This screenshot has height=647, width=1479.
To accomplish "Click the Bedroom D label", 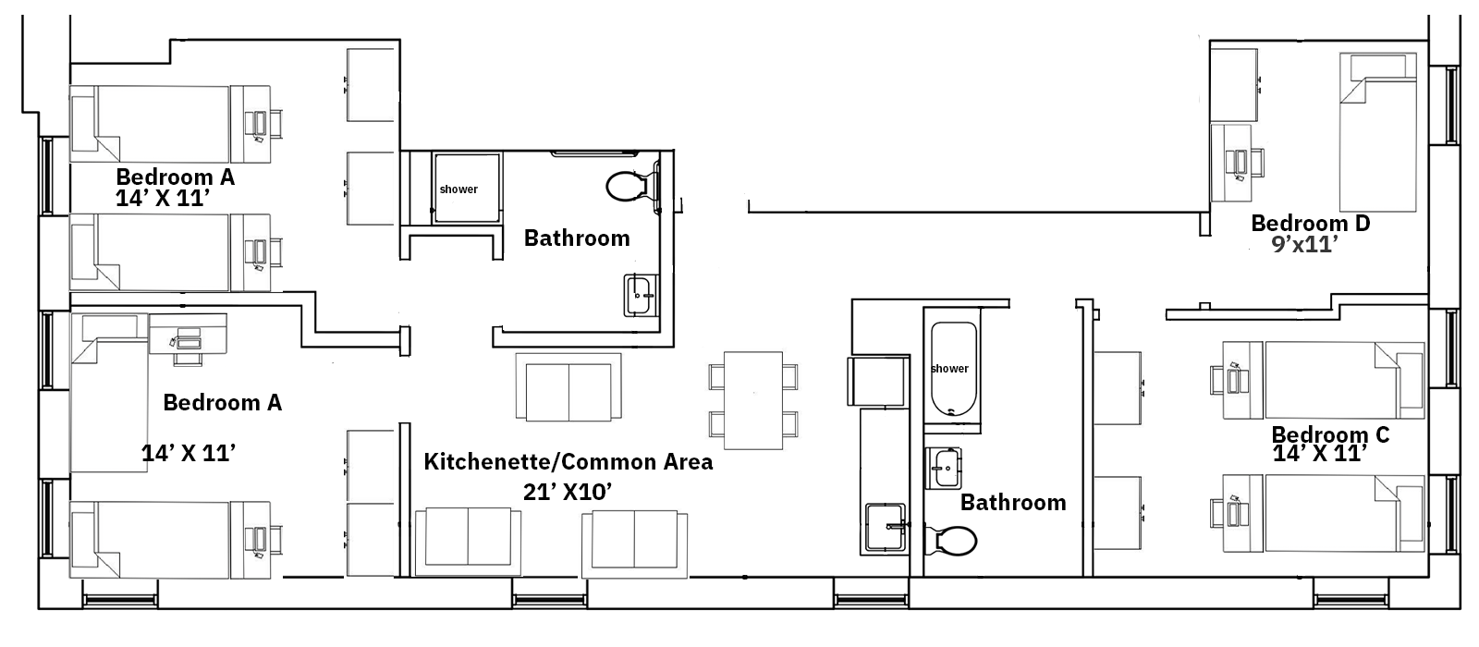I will point(1310,223).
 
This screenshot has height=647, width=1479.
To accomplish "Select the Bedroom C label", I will point(1330,434).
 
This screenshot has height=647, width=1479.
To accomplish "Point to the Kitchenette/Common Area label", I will point(568,462).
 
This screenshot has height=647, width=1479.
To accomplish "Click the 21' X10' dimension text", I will point(567,492).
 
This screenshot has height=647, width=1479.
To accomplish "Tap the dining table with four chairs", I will point(753,400).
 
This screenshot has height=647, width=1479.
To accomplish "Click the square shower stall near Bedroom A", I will point(466,189).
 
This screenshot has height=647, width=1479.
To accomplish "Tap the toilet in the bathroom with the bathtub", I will point(952,540).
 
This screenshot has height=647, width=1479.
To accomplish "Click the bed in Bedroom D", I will point(1377,131).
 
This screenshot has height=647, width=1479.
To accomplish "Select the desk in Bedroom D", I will point(1230,163).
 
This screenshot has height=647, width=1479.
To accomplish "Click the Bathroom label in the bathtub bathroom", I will point(1013,503).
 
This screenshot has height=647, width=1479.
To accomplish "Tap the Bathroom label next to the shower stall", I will point(577,238).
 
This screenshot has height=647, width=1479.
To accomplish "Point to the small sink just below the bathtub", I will point(944,468).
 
